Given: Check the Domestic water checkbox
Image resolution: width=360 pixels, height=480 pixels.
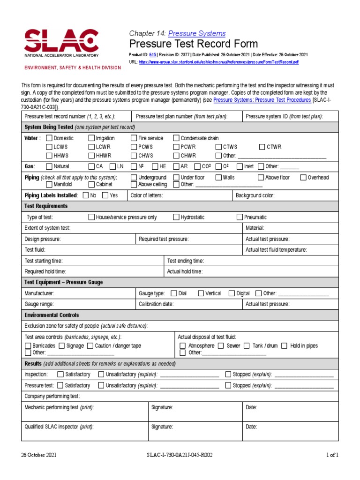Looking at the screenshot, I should click(x=49, y=138).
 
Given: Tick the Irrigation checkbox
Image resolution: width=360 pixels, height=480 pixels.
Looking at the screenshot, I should click(x=91, y=138).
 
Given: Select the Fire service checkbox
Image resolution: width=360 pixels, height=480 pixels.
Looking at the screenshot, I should click(x=134, y=138).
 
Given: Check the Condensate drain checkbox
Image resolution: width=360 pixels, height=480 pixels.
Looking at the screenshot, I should click(x=176, y=138).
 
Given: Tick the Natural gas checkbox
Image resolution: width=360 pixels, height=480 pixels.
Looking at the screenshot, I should click(x=49, y=166).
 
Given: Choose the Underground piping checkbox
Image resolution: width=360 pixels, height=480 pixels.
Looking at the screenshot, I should click(x=134, y=178).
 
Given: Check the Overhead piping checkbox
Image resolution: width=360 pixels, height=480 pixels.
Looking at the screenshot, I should click(x=303, y=178).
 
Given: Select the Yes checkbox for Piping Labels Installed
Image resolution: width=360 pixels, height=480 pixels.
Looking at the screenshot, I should click(x=105, y=195).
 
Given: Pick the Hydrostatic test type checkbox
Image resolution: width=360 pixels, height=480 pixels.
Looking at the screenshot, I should click(x=176, y=217).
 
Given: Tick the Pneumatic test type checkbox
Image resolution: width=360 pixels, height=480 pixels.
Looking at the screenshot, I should click(x=240, y=217).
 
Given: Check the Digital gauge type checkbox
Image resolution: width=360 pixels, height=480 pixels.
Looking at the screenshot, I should click(x=232, y=293).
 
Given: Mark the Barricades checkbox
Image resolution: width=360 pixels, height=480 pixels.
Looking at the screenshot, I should click(x=28, y=346).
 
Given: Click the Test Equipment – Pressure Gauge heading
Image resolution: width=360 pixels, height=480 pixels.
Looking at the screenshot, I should click(x=64, y=282).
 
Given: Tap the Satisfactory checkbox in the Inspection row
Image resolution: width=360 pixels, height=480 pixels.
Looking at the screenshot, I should click(x=60, y=375).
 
